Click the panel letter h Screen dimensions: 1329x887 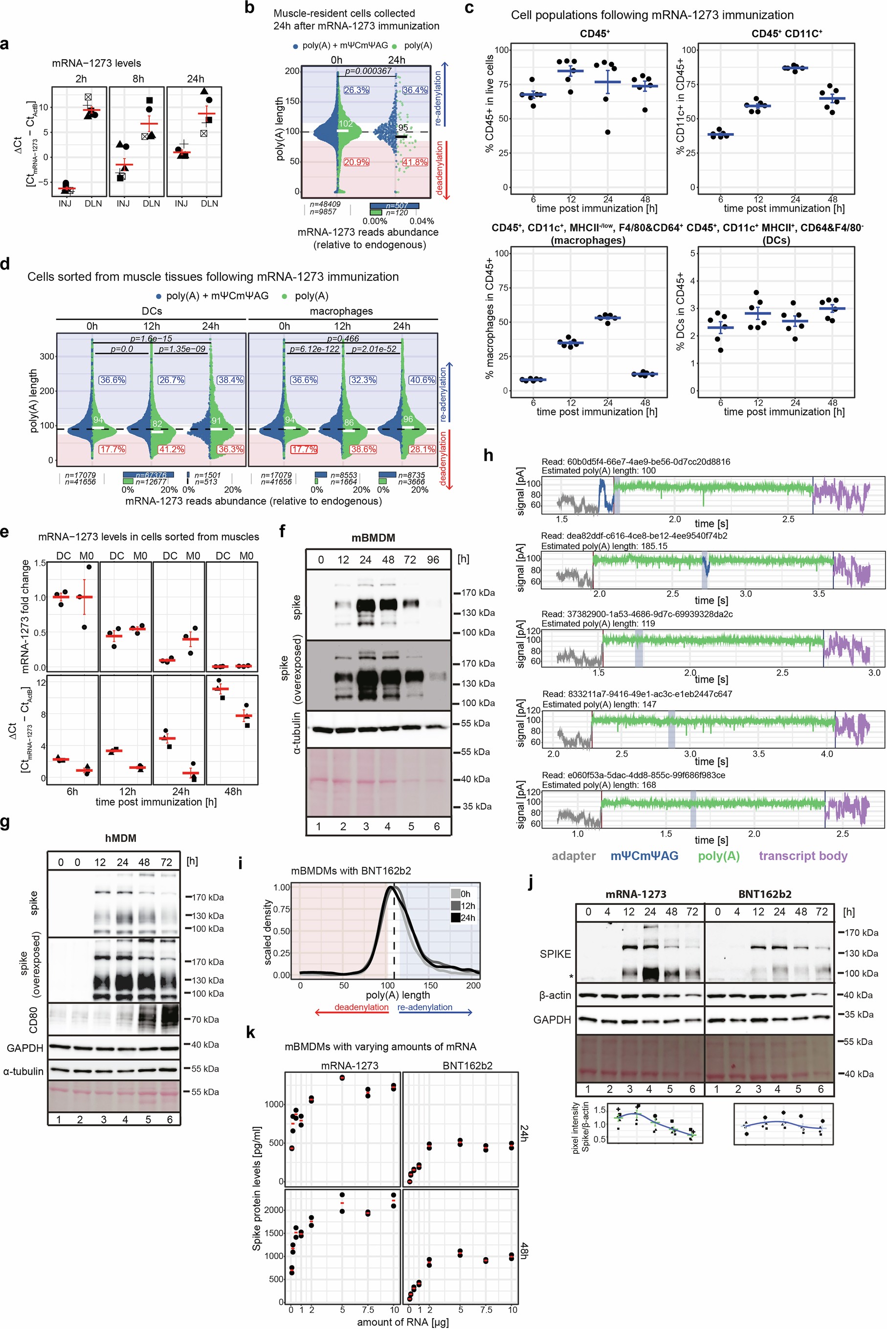[488, 455]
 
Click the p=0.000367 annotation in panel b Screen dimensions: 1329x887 [368, 71]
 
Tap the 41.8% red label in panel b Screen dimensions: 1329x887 [415, 162]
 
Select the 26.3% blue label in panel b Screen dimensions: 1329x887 [356, 90]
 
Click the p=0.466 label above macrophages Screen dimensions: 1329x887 [343, 338]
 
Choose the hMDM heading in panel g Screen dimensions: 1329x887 [120, 838]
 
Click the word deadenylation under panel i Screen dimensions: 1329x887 [361, 1007]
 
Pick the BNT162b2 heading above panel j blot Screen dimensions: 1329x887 [765, 894]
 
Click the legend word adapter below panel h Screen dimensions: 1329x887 [573, 856]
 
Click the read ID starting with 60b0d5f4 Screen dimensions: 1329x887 [636, 462]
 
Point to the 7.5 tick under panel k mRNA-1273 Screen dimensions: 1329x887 [368, 1310]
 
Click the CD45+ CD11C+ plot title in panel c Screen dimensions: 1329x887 [786, 34]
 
